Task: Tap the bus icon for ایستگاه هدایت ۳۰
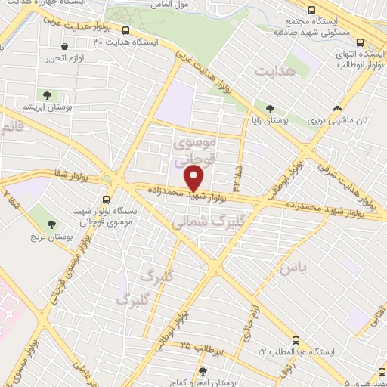pyautogui.click(x=125, y=31)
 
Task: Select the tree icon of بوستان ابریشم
pyautogui.click(x=48, y=94)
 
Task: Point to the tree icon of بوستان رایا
pyautogui.click(x=270, y=108)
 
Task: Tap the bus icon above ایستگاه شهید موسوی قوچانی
pyautogui.click(x=105, y=200)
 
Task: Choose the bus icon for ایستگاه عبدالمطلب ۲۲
pyautogui.click(x=296, y=340)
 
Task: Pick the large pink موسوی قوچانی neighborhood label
pyautogui.click(x=195, y=150)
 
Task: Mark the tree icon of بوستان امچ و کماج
pyautogui.click(x=203, y=371)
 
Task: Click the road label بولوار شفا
pyautogui.click(x=67, y=175)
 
